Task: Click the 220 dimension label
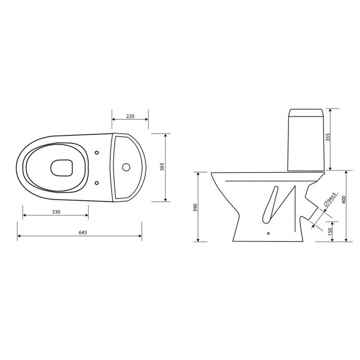tap(130, 116)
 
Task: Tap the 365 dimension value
tap(162, 167)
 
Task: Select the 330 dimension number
tap(56, 211)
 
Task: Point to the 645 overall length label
tap(83, 232)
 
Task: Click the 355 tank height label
tap(328, 137)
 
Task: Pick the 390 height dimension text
tap(195, 207)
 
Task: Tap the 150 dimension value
tap(330, 231)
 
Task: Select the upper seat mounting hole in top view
tap(97, 153)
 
